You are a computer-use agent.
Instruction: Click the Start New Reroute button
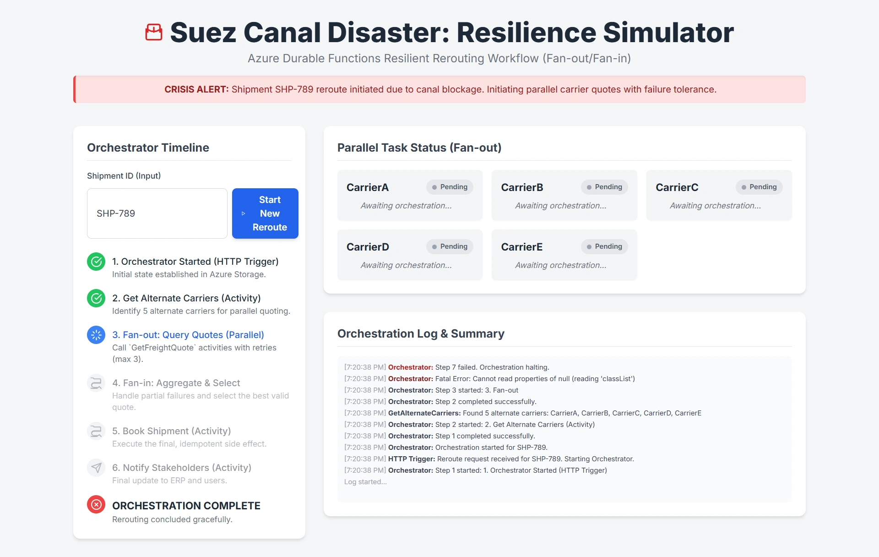[265, 213]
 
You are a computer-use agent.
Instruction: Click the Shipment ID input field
[157, 213]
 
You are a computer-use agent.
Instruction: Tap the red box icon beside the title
[154, 32]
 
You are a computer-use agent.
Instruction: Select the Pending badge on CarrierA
[450, 187]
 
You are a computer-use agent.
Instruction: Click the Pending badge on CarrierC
[759, 187]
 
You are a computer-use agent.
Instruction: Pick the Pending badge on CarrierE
[604, 246]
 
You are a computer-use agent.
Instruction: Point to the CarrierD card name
[368, 247]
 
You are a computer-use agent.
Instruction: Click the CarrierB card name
[522, 187]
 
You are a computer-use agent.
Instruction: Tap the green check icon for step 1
[96, 262]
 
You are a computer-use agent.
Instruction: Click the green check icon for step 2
[96, 298]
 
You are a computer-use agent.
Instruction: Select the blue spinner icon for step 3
[96, 335]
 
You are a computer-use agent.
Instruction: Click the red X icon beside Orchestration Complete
[96, 504]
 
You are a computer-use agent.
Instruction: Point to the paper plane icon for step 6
[96, 468]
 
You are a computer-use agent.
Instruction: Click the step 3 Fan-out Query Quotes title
[188, 335]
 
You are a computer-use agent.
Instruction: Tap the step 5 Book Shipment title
[171, 431]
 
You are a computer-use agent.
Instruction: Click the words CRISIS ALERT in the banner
[196, 89]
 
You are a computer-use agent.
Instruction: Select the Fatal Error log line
[489, 379]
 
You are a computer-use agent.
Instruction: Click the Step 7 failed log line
[446, 367]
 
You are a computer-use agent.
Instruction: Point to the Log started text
[365, 482]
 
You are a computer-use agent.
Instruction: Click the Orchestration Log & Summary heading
[421, 333]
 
